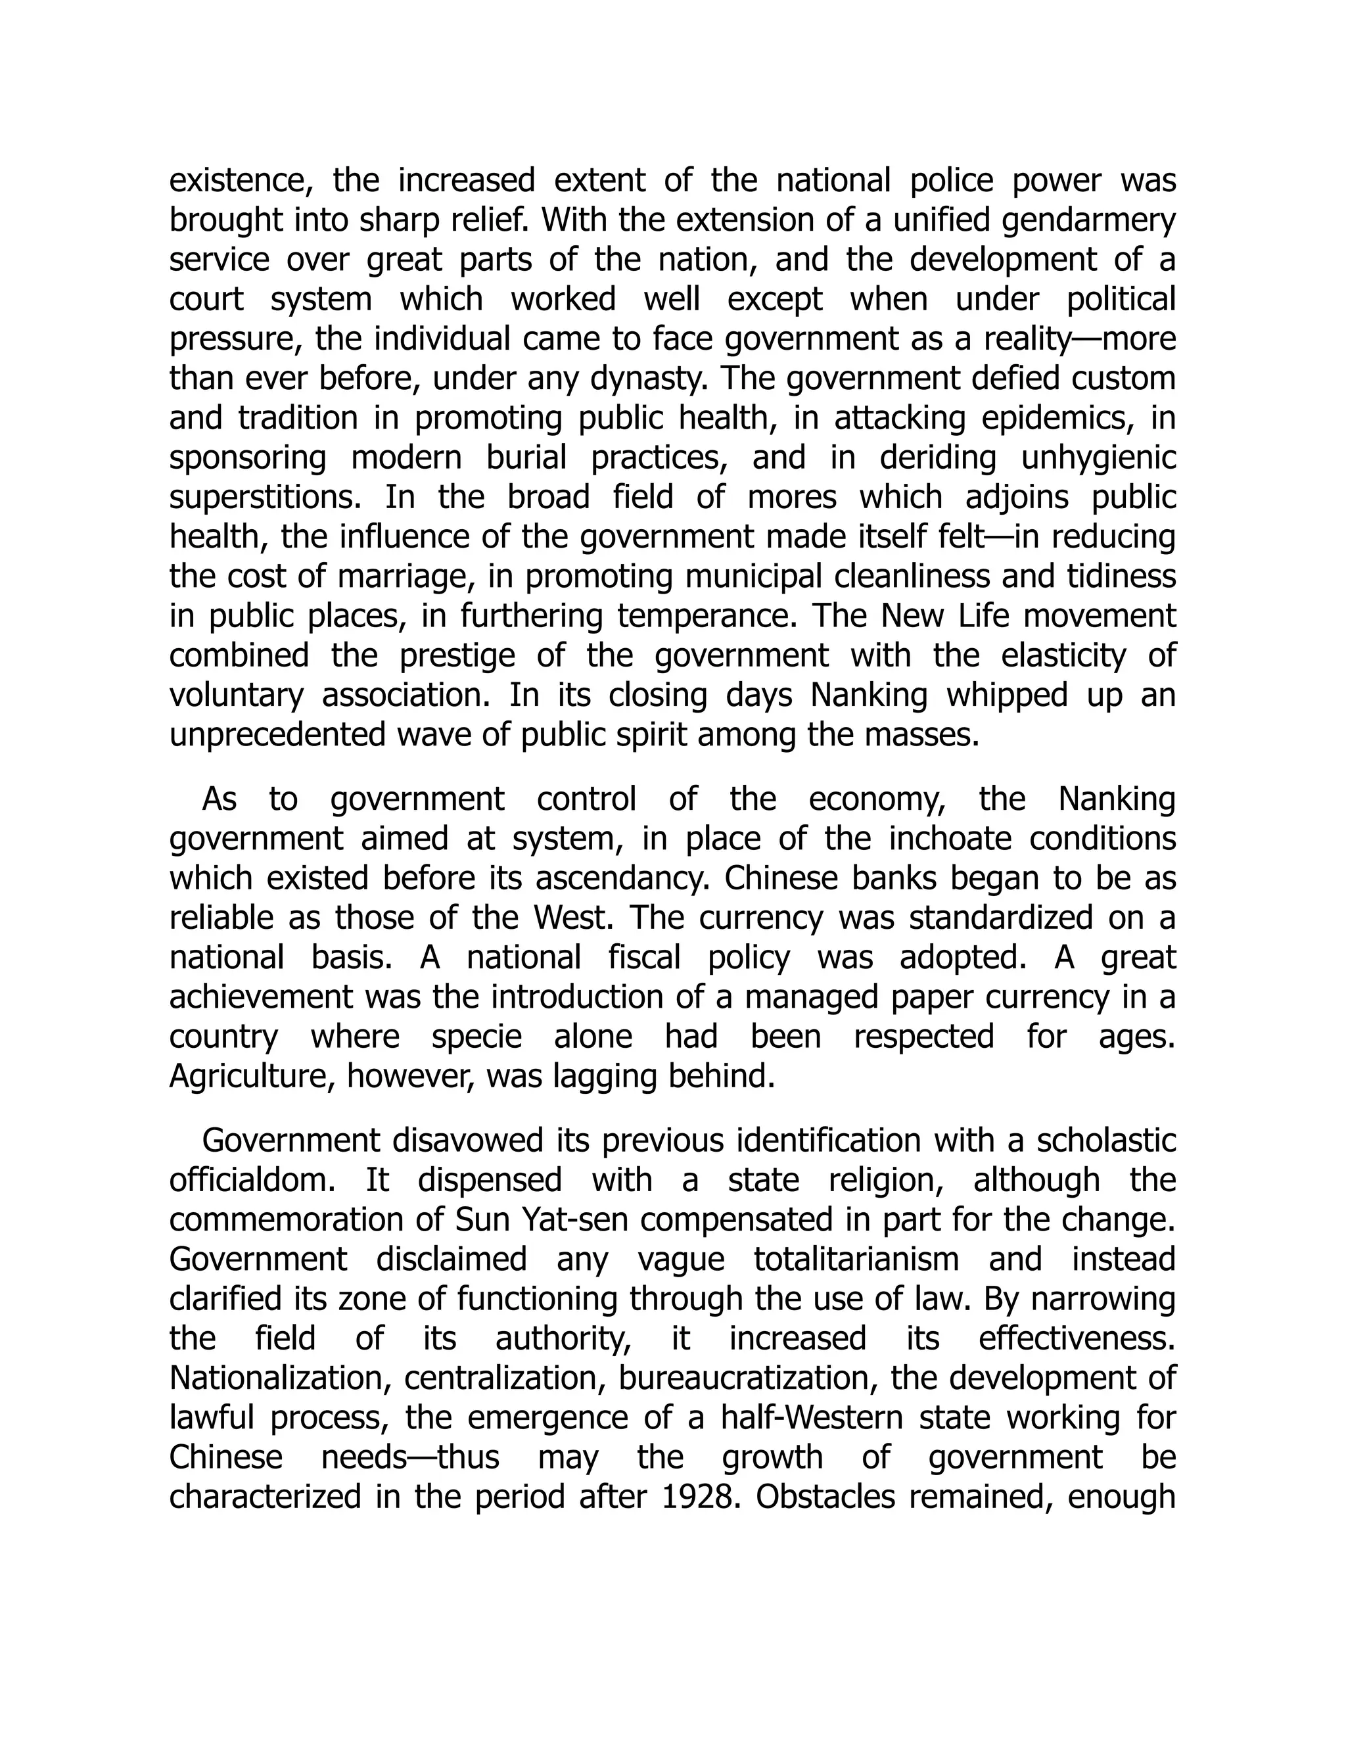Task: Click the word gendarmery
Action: pos(1088,221)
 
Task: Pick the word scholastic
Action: pos(1106,1141)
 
